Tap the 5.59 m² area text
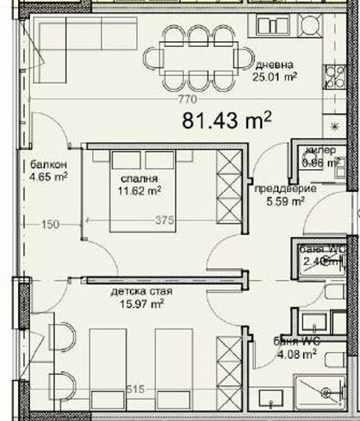coord(287,200)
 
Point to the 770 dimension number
coord(187,99)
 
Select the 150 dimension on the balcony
coord(49,222)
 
